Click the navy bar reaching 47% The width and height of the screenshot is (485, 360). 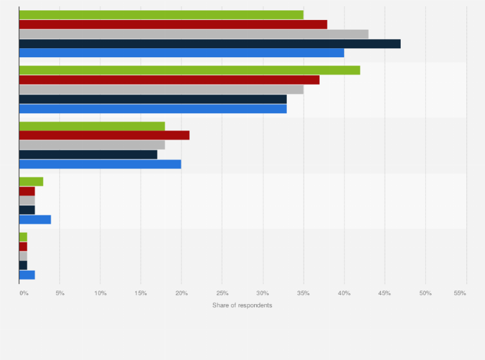210,44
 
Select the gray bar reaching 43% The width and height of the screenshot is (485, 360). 194,34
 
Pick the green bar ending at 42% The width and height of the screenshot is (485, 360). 190,70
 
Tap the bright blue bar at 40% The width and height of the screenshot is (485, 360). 181,53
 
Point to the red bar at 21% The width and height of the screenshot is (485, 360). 104,135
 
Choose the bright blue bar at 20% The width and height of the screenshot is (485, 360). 100,164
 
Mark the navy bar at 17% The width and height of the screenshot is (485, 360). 88,154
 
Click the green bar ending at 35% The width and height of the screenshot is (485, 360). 161,15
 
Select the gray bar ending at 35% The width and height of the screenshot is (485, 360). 161,89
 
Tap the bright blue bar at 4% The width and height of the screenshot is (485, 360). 35,220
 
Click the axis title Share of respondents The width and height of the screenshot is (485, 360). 242,305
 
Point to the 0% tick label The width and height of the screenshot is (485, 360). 23,293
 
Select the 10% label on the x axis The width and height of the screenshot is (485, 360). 100,293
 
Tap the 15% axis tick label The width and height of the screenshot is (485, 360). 141,293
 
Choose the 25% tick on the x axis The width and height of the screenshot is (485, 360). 222,293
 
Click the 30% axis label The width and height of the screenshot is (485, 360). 262,293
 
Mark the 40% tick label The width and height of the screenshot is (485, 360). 344,293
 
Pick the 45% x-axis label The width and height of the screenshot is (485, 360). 385,293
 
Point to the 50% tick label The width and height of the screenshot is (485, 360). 425,293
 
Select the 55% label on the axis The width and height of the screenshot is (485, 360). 460,293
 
